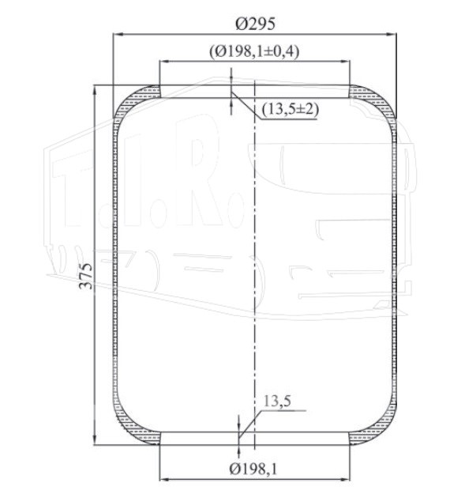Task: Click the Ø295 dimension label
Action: click(x=255, y=24)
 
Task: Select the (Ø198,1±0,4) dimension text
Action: click(x=254, y=51)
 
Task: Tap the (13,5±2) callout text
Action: click(x=291, y=109)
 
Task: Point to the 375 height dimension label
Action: click(x=86, y=276)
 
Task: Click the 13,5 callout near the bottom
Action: click(x=277, y=401)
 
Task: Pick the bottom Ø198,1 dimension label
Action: click(x=253, y=469)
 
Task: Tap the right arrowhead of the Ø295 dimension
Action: click(x=392, y=34)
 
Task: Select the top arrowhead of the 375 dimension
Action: click(x=94, y=90)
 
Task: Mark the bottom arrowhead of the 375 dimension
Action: click(x=94, y=440)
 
